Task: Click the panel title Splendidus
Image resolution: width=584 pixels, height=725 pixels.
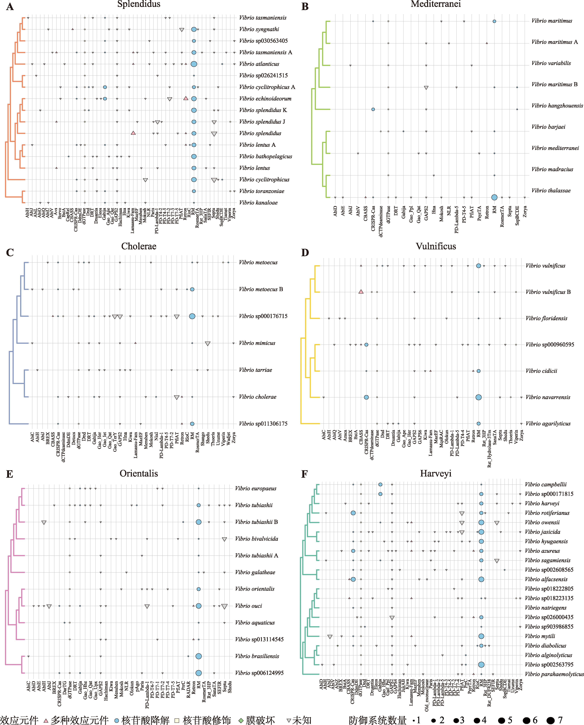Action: click(x=139, y=4)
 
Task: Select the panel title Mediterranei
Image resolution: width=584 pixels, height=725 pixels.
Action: click(x=436, y=4)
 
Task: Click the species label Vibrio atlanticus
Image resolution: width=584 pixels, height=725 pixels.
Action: click(x=259, y=64)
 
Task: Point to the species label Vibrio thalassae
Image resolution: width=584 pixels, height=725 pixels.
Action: click(x=551, y=190)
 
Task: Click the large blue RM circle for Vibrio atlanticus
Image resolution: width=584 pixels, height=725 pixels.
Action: click(x=194, y=64)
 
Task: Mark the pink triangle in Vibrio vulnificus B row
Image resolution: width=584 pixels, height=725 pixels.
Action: click(x=361, y=292)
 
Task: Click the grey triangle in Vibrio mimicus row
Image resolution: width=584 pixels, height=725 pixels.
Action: click(x=208, y=343)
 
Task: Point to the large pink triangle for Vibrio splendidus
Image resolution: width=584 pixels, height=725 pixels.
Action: click(x=133, y=133)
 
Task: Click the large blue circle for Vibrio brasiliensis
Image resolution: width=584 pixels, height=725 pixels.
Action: click(x=199, y=656)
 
